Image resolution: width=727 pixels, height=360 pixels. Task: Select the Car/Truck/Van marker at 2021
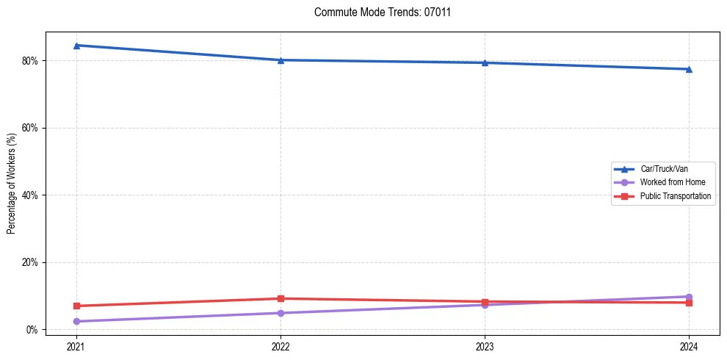[x=76, y=46]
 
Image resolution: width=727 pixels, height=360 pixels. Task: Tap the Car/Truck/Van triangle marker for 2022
[x=281, y=60]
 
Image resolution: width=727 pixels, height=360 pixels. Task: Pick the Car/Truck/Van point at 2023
[x=485, y=62]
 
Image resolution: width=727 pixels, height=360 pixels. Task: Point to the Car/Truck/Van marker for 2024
[x=689, y=69]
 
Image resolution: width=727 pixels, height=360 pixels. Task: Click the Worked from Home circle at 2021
[x=76, y=321]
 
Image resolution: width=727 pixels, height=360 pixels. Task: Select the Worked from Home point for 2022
[x=281, y=313]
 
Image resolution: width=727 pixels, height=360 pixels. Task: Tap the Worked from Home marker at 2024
[x=689, y=297]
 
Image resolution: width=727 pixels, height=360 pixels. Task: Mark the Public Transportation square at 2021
[x=76, y=306]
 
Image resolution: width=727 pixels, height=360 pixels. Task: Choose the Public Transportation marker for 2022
[x=281, y=298]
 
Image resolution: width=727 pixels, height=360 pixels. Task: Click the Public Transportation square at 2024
[x=689, y=303]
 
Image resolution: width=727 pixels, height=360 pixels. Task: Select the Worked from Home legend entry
[x=668, y=182]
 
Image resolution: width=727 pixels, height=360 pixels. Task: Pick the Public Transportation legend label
[x=675, y=196]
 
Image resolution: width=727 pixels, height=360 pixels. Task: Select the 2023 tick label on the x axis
[x=485, y=347]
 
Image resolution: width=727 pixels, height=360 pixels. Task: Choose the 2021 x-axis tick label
[x=76, y=347]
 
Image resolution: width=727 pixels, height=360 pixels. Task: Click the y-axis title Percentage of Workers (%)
[x=11, y=184]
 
